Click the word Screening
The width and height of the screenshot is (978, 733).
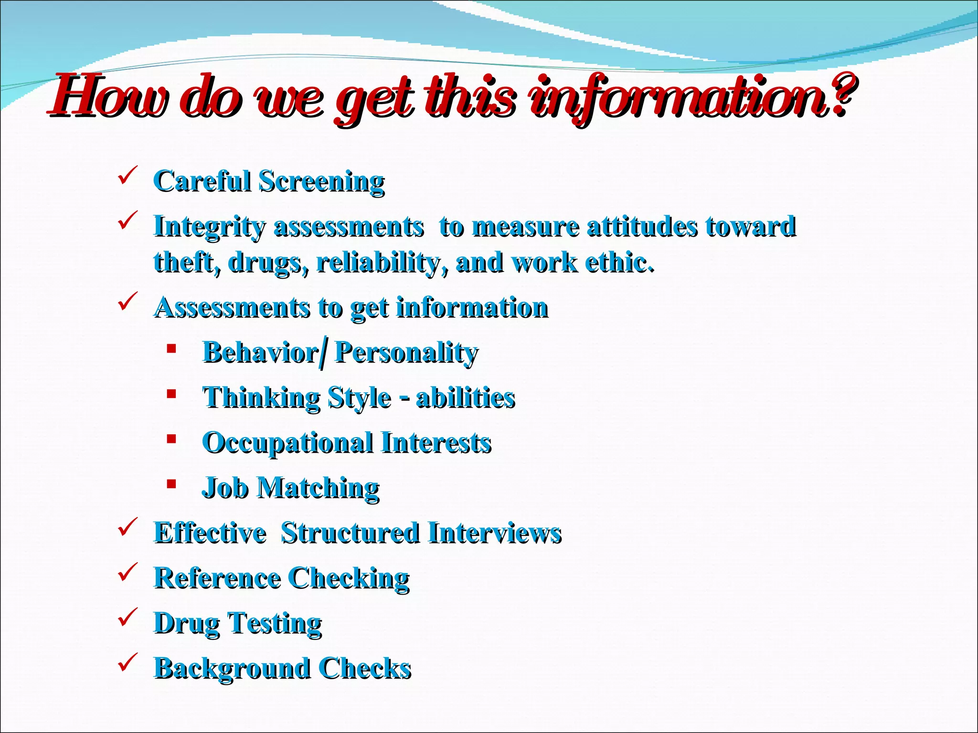point(321,182)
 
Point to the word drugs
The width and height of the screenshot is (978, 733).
point(268,263)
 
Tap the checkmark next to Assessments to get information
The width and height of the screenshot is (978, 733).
point(128,302)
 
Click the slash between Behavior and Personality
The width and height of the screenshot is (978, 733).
point(325,353)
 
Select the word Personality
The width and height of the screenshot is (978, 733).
point(406,353)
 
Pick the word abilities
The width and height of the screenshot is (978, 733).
point(466,398)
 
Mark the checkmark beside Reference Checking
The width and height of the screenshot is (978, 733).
point(128,572)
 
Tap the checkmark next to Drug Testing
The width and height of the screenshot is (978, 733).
point(128,617)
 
